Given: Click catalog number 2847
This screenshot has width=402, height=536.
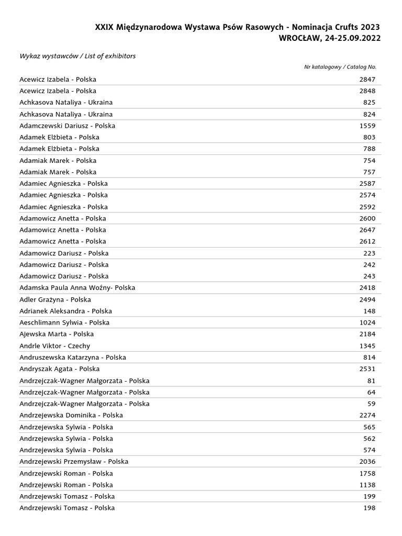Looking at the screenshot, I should [x=367, y=80].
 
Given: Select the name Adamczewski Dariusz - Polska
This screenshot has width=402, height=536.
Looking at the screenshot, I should [x=67, y=126].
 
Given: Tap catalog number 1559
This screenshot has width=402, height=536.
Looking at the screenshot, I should [x=367, y=126].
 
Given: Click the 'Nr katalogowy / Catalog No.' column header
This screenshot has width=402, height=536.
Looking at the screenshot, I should [x=340, y=67].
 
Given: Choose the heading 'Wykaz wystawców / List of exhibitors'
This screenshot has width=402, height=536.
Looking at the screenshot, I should [x=77, y=56].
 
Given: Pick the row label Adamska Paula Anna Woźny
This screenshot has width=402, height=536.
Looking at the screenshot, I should [x=77, y=288].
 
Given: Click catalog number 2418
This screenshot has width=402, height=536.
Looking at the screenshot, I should [x=367, y=288].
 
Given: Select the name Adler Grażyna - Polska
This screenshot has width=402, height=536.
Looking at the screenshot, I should [x=55, y=299].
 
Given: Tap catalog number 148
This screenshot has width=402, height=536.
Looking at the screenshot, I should [x=369, y=311].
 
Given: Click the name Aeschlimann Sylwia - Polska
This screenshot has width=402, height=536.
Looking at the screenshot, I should [x=64, y=322].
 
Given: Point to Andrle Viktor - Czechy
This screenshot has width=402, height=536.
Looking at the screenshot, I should [x=54, y=346].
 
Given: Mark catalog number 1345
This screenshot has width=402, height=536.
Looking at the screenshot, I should [x=367, y=346].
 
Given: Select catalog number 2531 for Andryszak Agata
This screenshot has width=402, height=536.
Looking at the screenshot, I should [x=367, y=369].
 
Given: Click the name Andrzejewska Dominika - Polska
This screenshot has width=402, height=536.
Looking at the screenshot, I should [x=71, y=415].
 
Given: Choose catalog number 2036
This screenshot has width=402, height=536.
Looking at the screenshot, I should [x=367, y=462].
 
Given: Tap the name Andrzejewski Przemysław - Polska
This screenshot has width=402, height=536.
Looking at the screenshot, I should [x=74, y=462].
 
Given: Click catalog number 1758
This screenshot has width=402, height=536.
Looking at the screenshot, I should [x=367, y=473].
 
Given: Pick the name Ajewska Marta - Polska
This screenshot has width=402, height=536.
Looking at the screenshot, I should [x=57, y=334].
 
